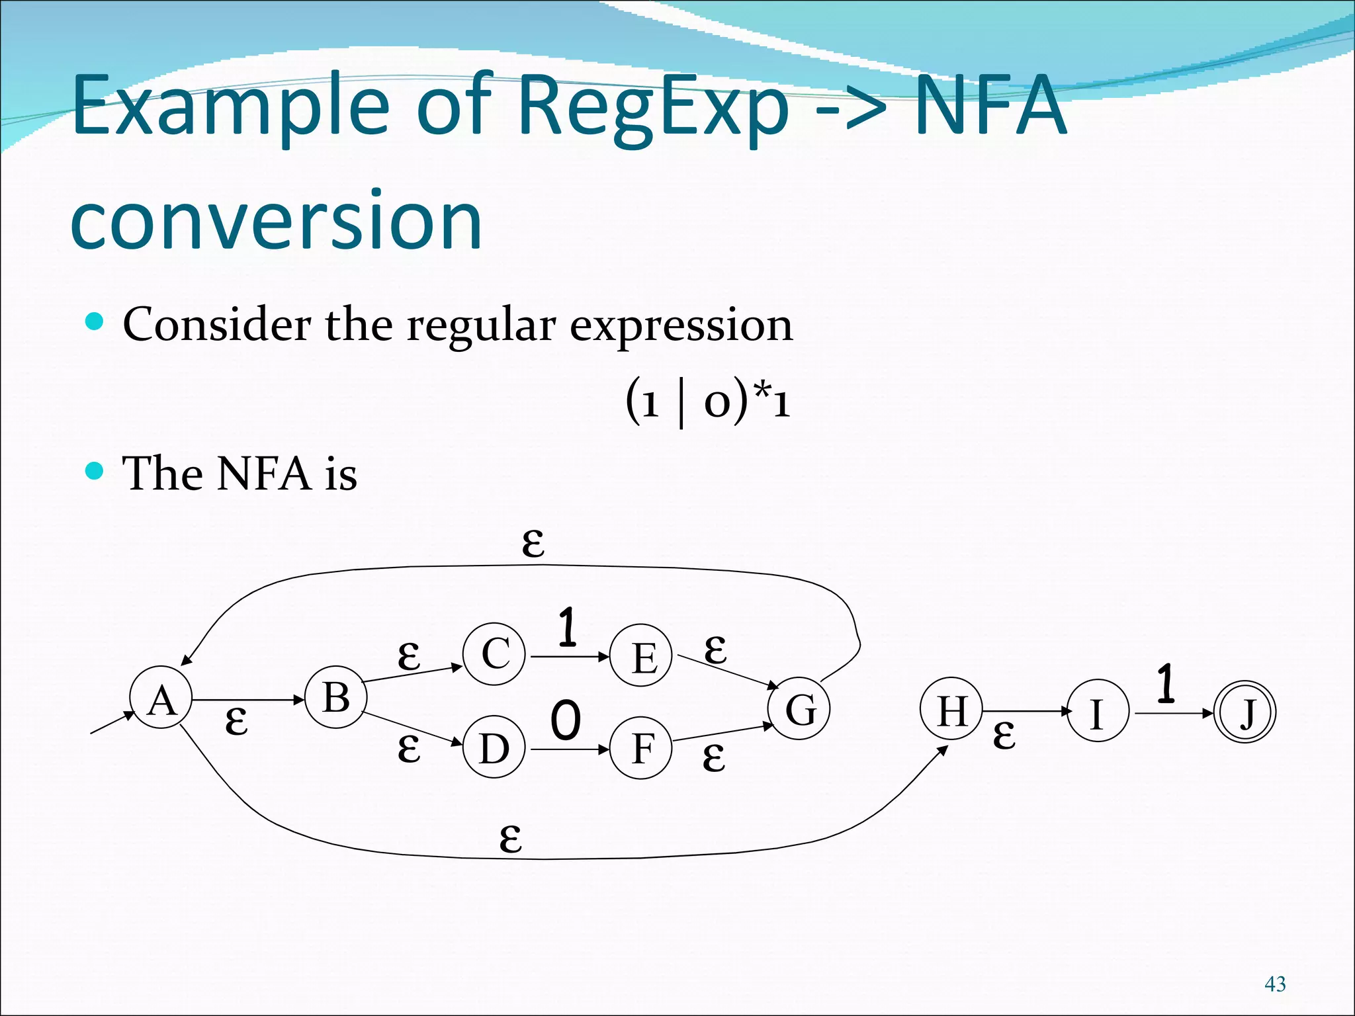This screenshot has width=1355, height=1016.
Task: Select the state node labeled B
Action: [x=335, y=697]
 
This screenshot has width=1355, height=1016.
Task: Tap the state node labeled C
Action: [x=494, y=654]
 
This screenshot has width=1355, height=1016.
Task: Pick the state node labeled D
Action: [x=494, y=748]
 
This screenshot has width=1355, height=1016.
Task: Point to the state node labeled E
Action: [x=641, y=656]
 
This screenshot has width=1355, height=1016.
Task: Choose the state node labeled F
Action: [x=641, y=748]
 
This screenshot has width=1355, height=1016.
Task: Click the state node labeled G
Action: [x=799, y=708]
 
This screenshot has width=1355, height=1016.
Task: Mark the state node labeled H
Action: [x=952, y=709]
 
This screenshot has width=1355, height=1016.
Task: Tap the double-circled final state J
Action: [x=1245, y=712]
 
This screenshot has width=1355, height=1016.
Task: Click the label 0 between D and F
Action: [x=566, y=720]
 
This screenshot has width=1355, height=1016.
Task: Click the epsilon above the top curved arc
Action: [x=533, y=542]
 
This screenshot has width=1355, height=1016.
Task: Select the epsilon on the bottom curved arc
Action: [x=511, y=838]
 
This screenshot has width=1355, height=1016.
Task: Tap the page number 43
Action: [x=1275, y=984]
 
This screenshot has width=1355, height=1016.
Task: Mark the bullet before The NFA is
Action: [x=95, y=471]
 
